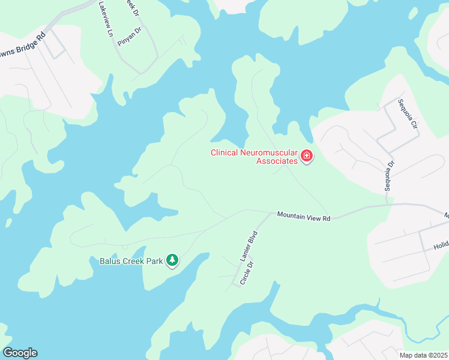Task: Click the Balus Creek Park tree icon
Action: [x=173, y=260]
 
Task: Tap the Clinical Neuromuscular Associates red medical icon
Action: [x=307, y=157]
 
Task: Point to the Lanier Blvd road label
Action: [x=249, y=245]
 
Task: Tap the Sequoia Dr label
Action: [x=389, y=176]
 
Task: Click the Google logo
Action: [x=20, y=353]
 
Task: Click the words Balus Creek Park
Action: [x=131, y=261]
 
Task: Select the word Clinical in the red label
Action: [x=224, y=152]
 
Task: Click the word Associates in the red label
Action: [x=277, y=161]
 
